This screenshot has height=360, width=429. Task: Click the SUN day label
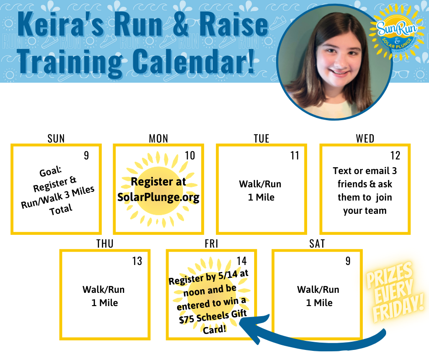pyautogui.click(x=56, y=138)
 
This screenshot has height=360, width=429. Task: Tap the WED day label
pyautogui.click(x=365, y=138)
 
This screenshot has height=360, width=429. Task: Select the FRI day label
pyautogui.click(x=211, y=244)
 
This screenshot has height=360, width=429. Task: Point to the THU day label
pyautogui.click(x=105, y=244)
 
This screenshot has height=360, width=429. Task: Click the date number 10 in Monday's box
pyautogui.click(x=190, y=156)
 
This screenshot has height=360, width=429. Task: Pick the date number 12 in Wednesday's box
pyautogui.click(x=395, y=156)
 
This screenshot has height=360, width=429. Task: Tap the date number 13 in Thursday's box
pyautogui.click(x=137, y=261)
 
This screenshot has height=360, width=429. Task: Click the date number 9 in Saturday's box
pyautogui.click(x=348, y=261)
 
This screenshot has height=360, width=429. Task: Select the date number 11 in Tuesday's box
pyautogui.click(x=295, y=156)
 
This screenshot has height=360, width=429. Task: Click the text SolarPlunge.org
pyautogui.click(x=158, y=197)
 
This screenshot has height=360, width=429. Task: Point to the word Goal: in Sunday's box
pyautogui.click(x=51, y=172)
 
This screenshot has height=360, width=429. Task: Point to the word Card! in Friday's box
pyautogui.click(x=214, y=329)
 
